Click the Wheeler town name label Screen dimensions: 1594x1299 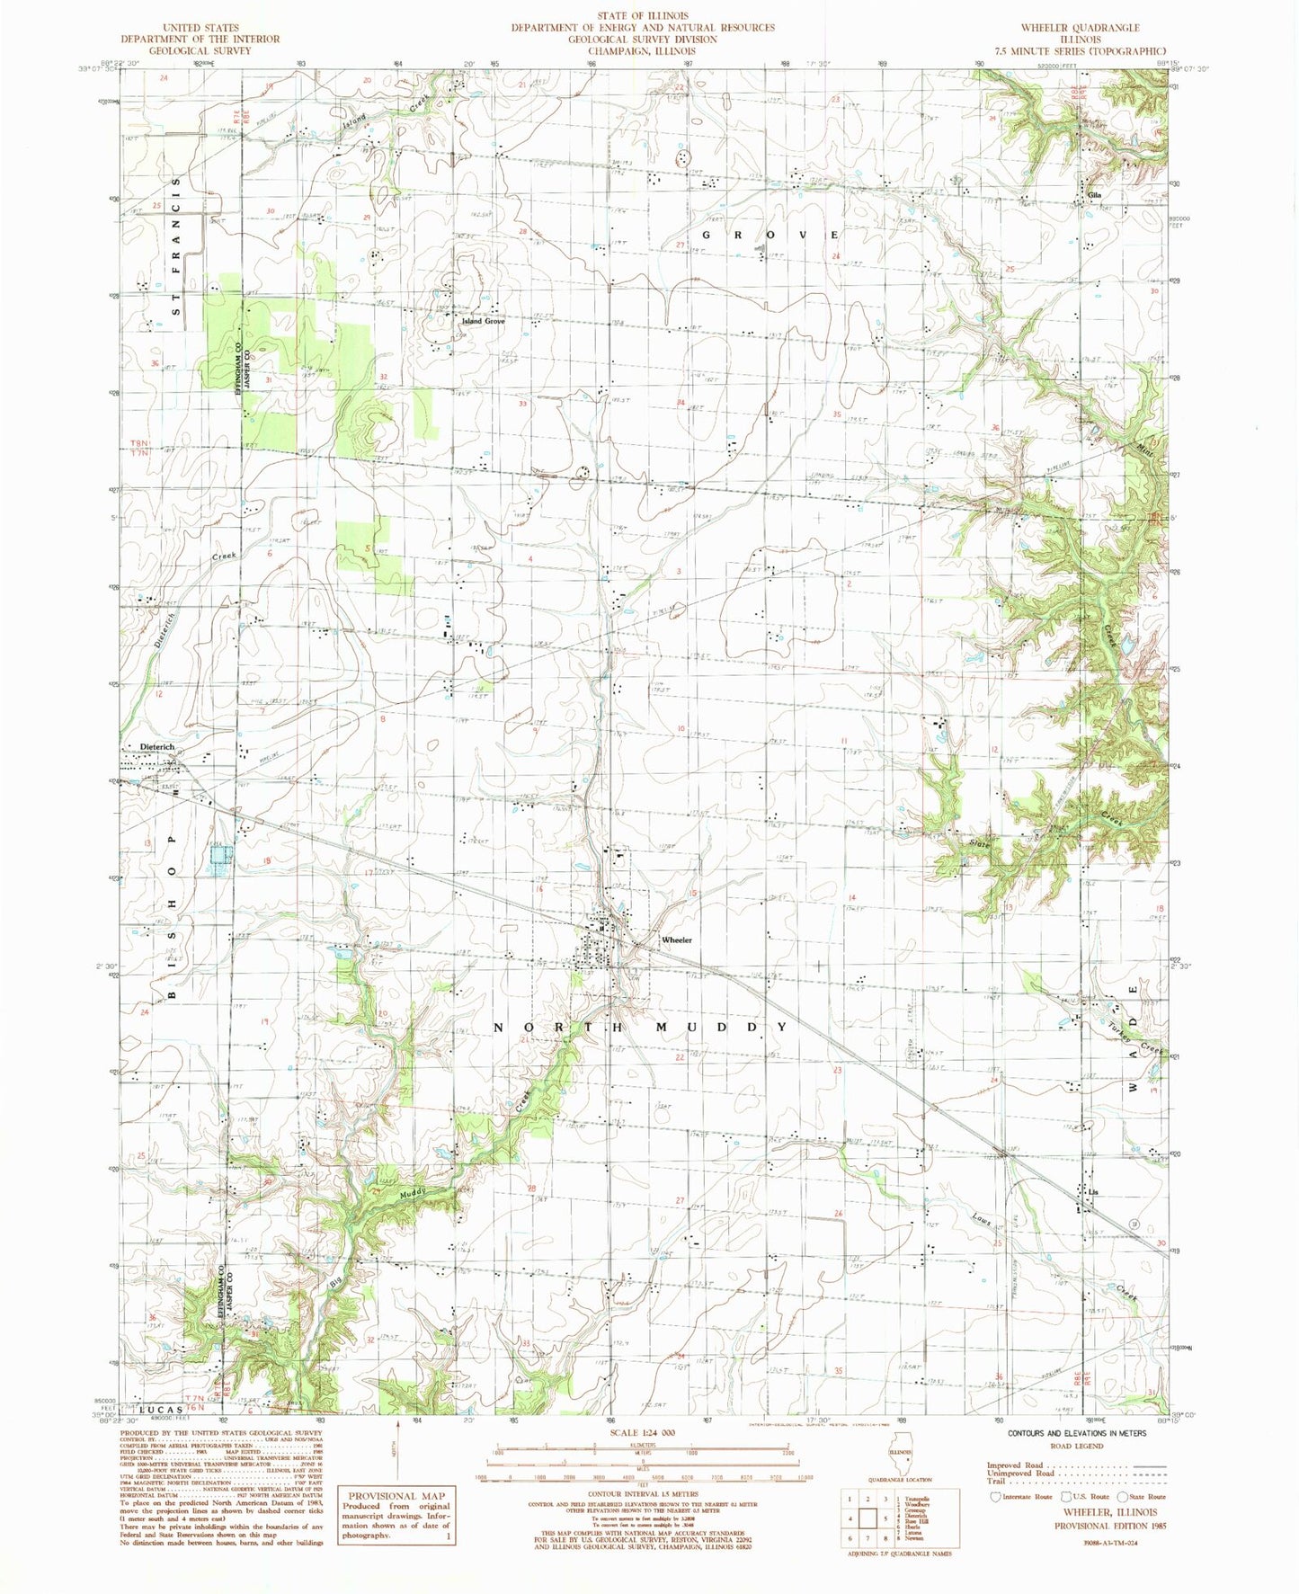coord(676,939)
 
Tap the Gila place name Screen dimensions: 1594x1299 coord(1094,195)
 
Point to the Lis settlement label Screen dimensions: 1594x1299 coord(1093,1192)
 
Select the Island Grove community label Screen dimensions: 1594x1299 coord(483,321)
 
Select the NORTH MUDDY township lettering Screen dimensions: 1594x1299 coord(640,1027)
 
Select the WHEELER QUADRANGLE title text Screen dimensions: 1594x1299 coord(1085,28)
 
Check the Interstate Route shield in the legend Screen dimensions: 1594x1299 coord(994,1496)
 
